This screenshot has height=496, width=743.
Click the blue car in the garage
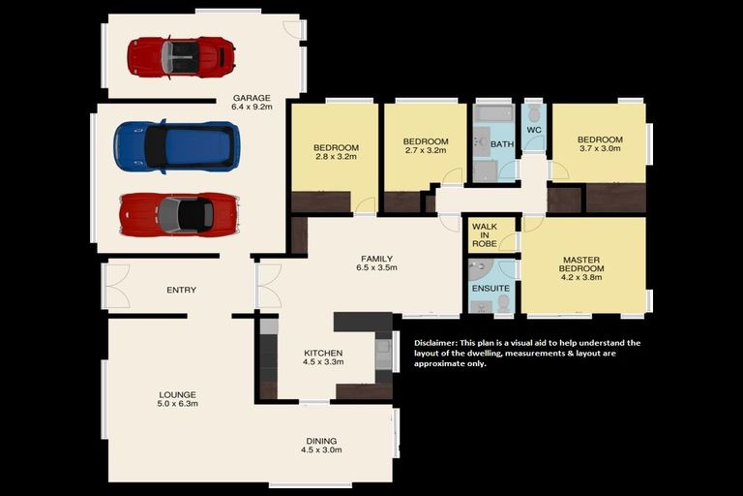tap(177, 147)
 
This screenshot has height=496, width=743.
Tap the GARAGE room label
tap(252, 98)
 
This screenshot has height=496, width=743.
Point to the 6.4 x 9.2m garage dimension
tap(252, 107)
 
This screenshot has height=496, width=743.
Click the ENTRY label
tap(182, 290)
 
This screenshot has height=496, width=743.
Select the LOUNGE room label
tap(177, 395)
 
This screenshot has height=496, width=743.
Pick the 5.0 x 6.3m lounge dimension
tap(177, 404)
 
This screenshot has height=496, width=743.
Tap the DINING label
tap(321, 441)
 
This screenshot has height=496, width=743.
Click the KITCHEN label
tap(323, 354)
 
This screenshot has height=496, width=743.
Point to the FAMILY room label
tap(376, 259)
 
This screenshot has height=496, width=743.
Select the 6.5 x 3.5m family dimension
tap(376, 267)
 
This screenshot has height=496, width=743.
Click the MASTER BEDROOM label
tap(581, 264)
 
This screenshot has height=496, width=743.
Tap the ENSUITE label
tap(490, 289)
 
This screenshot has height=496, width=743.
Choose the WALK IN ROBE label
tap(485, 235)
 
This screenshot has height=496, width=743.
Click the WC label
tap(534, 130)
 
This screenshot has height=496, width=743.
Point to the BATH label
tap(502, 143)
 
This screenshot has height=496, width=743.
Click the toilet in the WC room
tap(534, 114)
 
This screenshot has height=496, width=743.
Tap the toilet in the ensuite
tap(504, 302)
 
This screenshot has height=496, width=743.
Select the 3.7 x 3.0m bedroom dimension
tap(600, 148)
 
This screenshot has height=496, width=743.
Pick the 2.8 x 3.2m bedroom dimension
tap(336, 156)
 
